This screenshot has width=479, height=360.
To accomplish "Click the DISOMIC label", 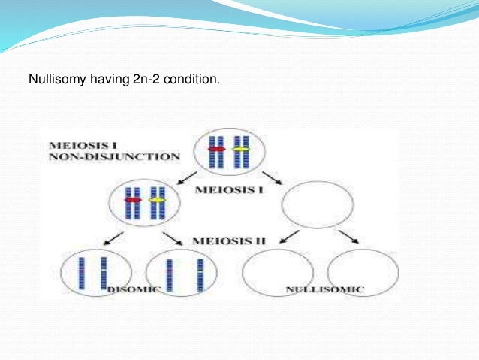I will click(x=134, y=289).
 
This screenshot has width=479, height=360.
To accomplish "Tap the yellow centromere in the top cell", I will click(x=240, y=149).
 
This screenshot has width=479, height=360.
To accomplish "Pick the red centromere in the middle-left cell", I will click(x=133, y=201).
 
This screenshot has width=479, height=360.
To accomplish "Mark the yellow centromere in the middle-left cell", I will click(x=156, y=201).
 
